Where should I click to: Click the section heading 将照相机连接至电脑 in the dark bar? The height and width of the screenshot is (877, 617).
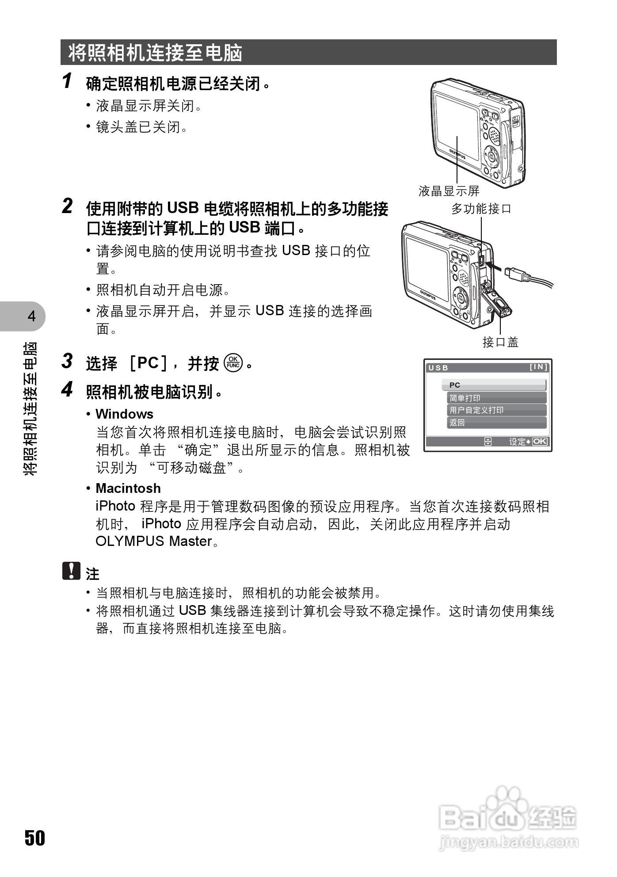point(155,53)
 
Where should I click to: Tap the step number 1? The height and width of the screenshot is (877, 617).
point(67,81)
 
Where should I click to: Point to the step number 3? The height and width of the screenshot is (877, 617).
point(67,361)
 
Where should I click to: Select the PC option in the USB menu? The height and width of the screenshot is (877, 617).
point(494,385)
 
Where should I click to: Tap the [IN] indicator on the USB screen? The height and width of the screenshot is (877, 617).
point(538,367)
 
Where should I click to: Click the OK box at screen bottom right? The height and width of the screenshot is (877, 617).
point(540,442)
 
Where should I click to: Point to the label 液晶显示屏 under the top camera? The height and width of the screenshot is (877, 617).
point(449,191)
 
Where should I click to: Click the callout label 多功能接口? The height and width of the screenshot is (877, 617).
point(481,209)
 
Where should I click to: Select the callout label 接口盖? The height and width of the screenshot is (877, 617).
point(500,342)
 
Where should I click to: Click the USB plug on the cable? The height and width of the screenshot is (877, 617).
point(515,273)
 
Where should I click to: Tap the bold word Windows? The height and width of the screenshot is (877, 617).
point(124,414)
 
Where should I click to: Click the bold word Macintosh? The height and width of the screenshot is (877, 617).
point(128,488)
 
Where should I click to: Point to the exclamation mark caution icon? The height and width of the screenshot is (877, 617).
point(71,571)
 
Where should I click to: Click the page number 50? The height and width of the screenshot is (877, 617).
point(34,838)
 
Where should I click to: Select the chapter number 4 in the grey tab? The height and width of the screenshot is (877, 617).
point(31,316)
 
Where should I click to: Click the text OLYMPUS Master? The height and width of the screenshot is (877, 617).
point(154,541)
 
